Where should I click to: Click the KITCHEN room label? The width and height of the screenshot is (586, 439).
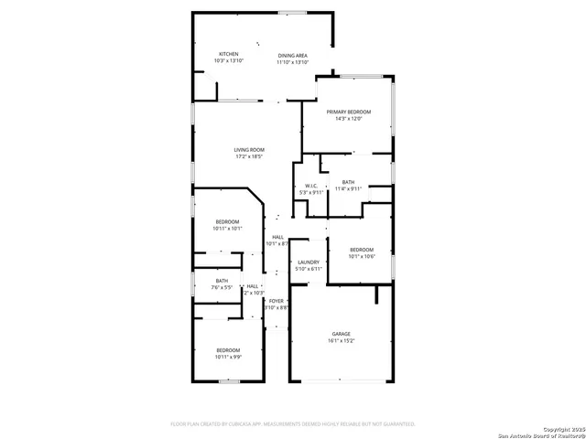pyautogui.click(x=228, y=54)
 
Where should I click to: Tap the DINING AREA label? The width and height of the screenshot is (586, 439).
pyautogui.click(x=293, y=55)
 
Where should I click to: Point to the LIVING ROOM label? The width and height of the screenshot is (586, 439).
pyautogui.click(x=248, y=150)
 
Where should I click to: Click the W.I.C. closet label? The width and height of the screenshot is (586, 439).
pyautogui.click(x=311, y=186)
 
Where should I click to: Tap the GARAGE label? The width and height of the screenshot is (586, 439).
pyautogui.click(x=341, y=334)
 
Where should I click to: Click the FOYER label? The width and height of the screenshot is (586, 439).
pyautogui.click(x=277, y=301)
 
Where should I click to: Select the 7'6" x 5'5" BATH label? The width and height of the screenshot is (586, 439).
pyautogui.click(x=222, y=281)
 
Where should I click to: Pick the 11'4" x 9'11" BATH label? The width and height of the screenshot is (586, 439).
pyautogui.click(x=348, y=182)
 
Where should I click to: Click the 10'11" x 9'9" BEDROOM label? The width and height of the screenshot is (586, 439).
pyautogui.click(x=228, y=350)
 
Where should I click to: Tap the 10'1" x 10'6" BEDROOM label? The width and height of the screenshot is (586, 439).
pyautogui.click(x=362, y=250)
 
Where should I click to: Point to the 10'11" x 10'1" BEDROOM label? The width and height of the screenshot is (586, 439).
pyautogui.click(x=228, y=222)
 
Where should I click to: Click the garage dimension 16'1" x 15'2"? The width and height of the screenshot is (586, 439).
pyautogui.click(x=341, y=341)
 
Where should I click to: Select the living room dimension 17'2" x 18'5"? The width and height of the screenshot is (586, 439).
pyautogui.click(x=248, y=157)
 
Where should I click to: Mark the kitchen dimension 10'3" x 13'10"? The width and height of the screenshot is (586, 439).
pyautogui.click(x=228, y=61)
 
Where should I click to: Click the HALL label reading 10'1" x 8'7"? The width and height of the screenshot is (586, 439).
pyautogui.click(x=277, y=238)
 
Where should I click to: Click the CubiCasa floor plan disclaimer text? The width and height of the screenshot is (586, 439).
pyautogui.click(x=293, y=424)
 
